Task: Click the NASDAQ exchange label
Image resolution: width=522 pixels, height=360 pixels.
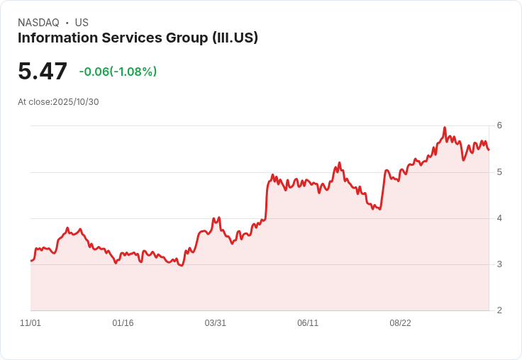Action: (38, 23)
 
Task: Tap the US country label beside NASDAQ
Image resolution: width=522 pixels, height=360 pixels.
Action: (82, 23)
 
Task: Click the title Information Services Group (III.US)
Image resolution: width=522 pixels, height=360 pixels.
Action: (138, 38)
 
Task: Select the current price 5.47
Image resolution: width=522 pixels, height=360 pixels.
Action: (43, 72)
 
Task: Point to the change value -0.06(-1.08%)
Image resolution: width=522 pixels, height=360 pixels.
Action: (118, 72)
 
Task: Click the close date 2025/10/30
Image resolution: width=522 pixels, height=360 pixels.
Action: (76, 102)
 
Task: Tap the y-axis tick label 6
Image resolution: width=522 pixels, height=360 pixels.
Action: (499, 125)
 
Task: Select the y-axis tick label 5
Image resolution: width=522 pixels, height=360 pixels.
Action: (499, 172)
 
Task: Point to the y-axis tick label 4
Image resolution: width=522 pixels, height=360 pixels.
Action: (499, 218)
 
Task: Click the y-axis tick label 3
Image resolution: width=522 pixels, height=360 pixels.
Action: (499, 264)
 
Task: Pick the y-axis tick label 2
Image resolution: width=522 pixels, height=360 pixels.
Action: (499, 310)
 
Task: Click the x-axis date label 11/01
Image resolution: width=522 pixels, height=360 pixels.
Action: (30, 323)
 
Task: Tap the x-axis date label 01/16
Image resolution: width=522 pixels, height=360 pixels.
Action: (123, 323)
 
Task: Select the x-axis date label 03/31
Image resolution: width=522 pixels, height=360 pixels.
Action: (216, 323)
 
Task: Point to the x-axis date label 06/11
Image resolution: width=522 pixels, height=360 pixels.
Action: (308, 323)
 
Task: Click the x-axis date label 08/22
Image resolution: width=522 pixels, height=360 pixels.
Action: (400, 323)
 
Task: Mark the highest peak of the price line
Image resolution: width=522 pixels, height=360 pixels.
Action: (445, 128)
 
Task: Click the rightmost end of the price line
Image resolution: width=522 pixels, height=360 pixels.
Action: (489, 150)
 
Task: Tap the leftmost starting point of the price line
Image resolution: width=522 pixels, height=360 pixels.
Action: (30, 261)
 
